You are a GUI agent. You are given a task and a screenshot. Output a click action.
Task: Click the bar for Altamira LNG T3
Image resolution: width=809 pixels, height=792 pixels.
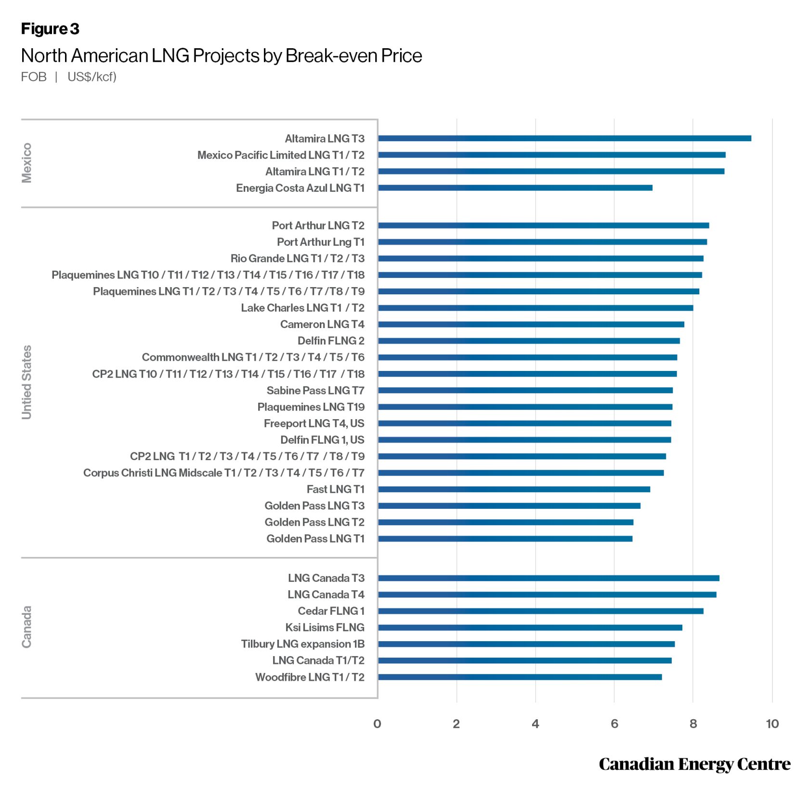click(564, 139)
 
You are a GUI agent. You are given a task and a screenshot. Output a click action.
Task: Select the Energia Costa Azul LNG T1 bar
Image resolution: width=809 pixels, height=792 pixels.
click(515, 188)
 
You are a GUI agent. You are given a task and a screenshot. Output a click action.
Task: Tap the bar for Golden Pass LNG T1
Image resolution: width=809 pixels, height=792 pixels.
click(505, 539)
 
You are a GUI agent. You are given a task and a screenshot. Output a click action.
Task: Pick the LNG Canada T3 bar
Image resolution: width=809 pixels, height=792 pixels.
click(548, 579)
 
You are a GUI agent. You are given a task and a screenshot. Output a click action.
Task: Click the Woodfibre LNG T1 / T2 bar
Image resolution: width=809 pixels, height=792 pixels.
click(520, 677)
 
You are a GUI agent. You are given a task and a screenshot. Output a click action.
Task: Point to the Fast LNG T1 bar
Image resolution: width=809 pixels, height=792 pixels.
click(514, 489)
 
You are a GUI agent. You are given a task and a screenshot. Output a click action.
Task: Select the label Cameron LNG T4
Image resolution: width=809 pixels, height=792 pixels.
click(322, 325)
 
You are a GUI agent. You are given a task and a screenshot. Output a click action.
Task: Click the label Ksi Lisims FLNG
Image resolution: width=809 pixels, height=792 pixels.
click(325, 628)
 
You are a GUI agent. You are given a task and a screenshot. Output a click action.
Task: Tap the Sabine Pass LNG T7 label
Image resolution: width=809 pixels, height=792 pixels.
click(315, 391)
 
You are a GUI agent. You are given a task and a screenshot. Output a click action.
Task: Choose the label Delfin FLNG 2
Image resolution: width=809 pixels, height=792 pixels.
click(331, 341)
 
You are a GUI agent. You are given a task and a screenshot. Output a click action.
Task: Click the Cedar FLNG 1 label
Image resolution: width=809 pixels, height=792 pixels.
click(331, 611)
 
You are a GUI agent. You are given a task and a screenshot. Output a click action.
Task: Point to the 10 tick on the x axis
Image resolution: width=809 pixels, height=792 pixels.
click(772, 724)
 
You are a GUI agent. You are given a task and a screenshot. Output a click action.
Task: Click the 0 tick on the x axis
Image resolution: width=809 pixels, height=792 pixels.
click(377, 724)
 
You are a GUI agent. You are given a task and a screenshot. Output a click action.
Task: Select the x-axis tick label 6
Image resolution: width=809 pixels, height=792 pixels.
click(614, 724)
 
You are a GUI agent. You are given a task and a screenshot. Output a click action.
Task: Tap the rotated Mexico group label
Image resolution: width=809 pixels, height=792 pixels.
click(27, 163)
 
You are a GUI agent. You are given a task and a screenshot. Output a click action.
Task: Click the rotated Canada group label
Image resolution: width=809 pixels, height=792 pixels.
click(27, 627)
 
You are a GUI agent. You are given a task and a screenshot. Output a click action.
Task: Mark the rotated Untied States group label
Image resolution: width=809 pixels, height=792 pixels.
click(27, 383)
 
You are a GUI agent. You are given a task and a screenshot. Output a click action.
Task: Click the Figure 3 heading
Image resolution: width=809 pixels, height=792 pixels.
click(50, 29)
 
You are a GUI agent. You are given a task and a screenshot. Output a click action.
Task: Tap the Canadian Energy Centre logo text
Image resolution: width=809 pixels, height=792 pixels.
click(694, 765)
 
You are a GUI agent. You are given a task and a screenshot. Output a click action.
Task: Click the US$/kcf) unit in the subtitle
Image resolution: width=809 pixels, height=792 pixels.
click(92, 77)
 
